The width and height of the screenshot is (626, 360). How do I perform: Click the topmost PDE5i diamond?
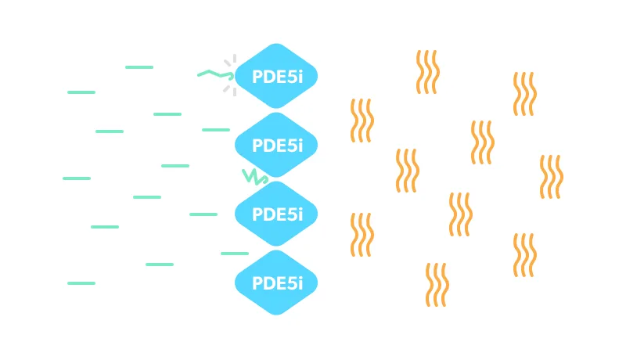point(276,76)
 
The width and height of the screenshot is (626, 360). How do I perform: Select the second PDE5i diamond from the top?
point(276,145)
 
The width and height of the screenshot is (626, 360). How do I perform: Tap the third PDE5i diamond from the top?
point(276,214)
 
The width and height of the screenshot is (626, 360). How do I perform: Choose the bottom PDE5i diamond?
point(276,283)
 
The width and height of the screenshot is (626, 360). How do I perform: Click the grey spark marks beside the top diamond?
point(229,76)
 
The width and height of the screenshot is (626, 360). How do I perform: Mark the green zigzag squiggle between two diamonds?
point(254,175)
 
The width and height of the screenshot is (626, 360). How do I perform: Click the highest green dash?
point(139,67)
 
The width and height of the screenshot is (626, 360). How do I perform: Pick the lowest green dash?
point(81,283)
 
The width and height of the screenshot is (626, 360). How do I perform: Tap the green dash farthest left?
point(77,178)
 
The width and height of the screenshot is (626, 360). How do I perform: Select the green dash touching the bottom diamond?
point(234,254)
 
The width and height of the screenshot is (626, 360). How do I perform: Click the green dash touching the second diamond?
point(217,130)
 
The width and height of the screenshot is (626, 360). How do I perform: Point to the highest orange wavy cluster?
point(427,72)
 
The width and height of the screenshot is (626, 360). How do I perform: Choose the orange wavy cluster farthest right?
point(551,177)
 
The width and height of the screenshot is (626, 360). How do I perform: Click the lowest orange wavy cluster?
point(437,285)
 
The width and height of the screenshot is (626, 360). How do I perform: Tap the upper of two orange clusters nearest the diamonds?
point(362,121)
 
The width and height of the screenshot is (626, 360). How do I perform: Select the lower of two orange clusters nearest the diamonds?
point(362,235)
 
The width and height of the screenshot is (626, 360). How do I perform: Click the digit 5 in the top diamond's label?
point(293,77)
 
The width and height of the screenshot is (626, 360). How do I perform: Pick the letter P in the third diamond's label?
point(257,214)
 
